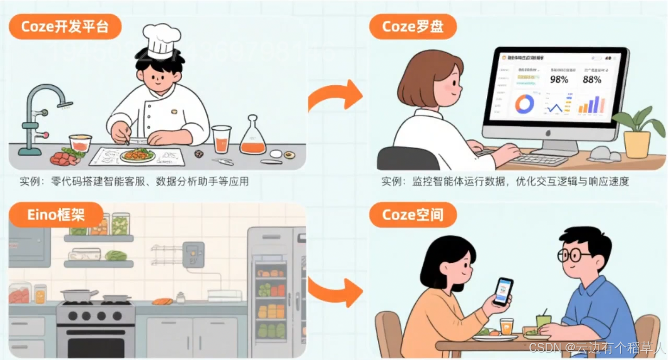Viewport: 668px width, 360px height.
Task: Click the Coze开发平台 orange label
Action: pyautogui.click(x=65, y=26)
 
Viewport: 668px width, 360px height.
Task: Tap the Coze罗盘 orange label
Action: pyautogui.click(x=413, y=26)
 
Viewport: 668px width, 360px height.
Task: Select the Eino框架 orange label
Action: pyautogui.click(x=56, y=215)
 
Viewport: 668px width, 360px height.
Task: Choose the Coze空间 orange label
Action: pyautogui.click(x=413, y=215)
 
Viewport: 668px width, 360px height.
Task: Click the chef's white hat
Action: pyautogui.click(x=161, y=39)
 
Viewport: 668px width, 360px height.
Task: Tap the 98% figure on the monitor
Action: pyautogui.click(x=559, y=80)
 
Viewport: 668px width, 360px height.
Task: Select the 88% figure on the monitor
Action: pyautogui.click(x=592, y=80)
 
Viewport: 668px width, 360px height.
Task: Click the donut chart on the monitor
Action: pyautogui.click(x=524, y=104)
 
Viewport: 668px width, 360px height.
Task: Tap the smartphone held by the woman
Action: pyautogui.click(x=503, y=292)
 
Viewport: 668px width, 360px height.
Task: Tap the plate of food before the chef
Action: pyautogui.click(x=137, y=154)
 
